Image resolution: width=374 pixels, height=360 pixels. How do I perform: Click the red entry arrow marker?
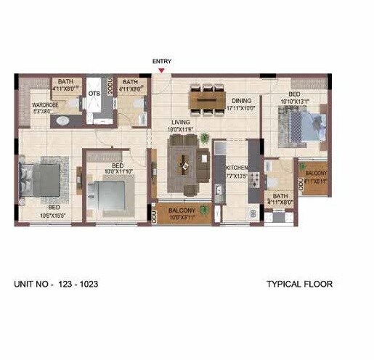161,70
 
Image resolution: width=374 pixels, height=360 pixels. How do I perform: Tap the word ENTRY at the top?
161,62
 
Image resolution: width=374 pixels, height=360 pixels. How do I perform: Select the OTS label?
94,94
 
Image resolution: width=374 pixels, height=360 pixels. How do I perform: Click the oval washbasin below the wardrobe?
62,120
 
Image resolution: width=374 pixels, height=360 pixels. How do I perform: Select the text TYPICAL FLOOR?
299,284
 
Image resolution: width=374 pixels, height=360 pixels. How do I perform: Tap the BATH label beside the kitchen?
280,196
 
